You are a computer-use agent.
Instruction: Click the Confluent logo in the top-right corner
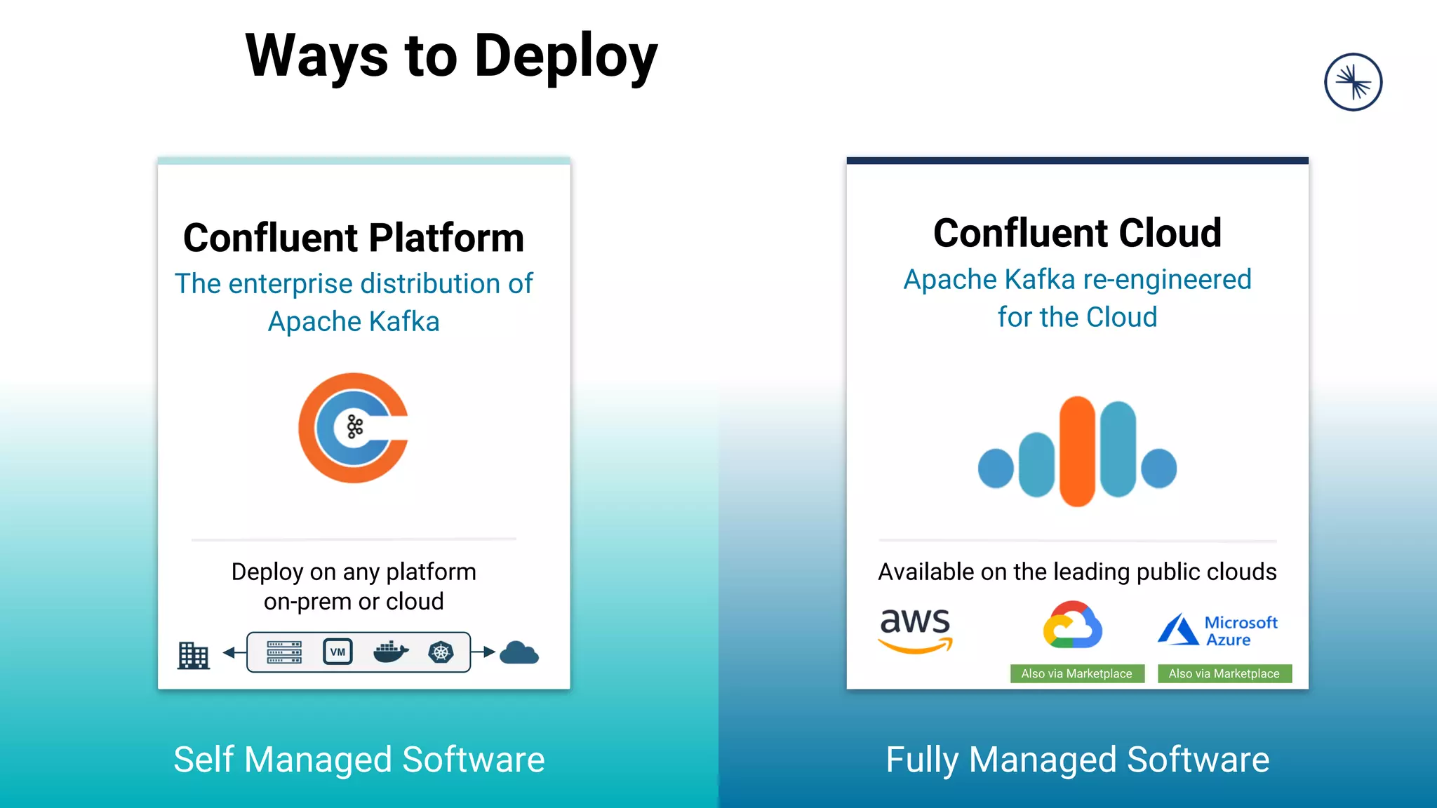click(x=1353, y=82)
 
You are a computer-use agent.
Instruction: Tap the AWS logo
click(x=915, y=629)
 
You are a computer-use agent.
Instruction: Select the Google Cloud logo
click(x=1072, y=625)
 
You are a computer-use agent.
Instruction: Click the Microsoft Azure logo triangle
click(x=1178, y=629)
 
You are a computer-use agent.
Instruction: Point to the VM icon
click(x=337, y=652)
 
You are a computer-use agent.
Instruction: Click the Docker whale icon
click(x=391, y=652)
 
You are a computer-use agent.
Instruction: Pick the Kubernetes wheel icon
click(x=441, y=652)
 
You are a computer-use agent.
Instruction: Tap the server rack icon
click(x=284, y=652)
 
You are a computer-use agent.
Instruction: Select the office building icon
click(x=193, y=655)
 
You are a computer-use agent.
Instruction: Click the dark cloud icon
click(x=519, y=653)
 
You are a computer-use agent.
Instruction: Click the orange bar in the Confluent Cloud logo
click(x=1077, y=451)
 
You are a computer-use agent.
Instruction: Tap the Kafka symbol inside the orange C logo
click(x=355, y=427)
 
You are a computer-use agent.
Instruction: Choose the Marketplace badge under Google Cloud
click(x=1077, y=673)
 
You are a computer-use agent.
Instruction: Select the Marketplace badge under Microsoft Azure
click(x=1224, y=673)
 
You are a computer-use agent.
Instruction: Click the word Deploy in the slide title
click(x=566, y=58)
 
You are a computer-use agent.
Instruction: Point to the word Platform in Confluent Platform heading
click(x=446, y=238)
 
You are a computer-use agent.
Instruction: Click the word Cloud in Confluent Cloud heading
click(x=1170, y=233)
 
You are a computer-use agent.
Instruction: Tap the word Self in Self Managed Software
click(x=203, y=760)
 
